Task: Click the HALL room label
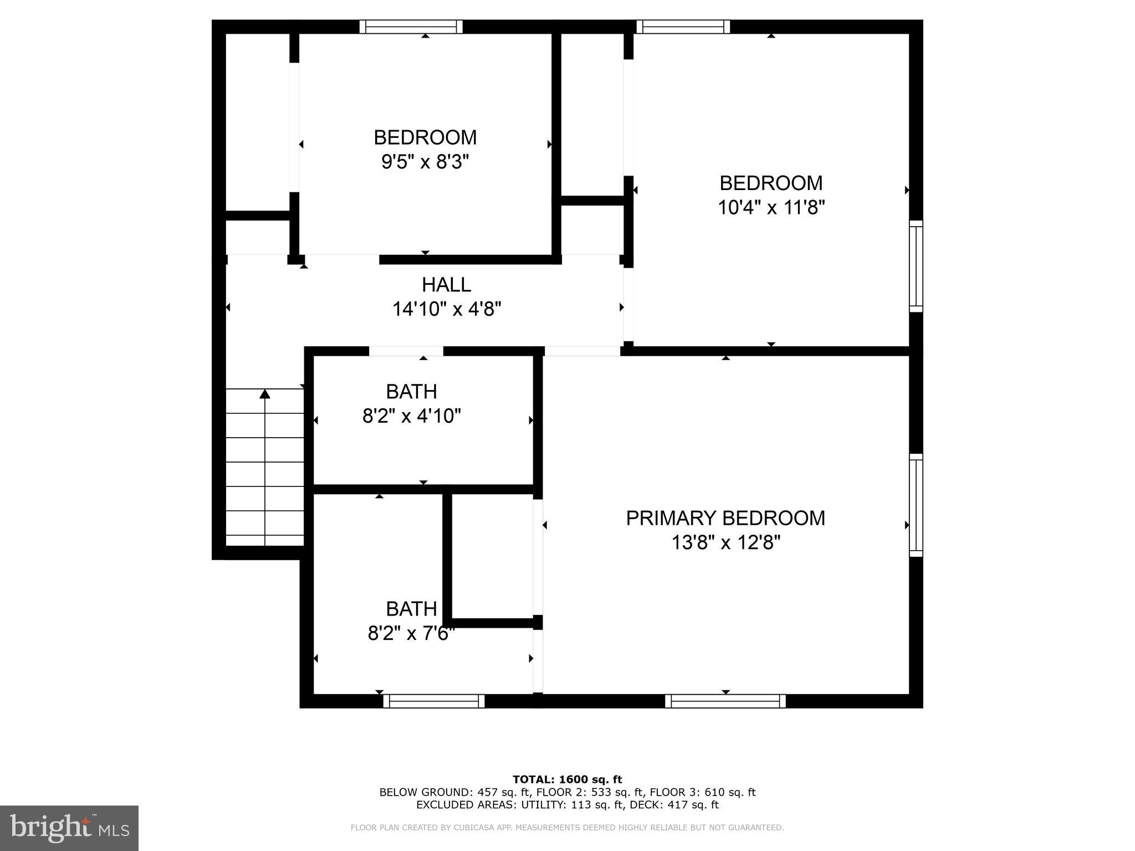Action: point(446,285)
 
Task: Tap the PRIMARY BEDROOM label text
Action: point(725,518)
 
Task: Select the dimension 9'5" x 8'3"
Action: point(425,162)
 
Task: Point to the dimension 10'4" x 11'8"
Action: point(771,208)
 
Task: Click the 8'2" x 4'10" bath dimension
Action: point(411,416)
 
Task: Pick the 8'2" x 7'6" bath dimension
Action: point(411,633)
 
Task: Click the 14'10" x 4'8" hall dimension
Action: point(447,309)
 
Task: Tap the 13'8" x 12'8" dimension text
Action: point(725,542)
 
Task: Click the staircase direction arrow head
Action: point(265,394)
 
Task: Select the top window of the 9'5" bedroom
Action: point(411,27)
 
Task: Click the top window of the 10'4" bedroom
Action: point(683,27)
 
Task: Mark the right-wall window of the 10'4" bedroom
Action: point(916,266)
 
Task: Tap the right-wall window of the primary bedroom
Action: point(916,505)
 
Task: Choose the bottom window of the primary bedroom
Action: point(725,701)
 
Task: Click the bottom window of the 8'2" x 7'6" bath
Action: point(434,701)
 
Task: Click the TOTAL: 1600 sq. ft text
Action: point(567,780)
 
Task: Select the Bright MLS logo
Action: point(69,828)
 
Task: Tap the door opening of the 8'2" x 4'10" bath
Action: point(406,351)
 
